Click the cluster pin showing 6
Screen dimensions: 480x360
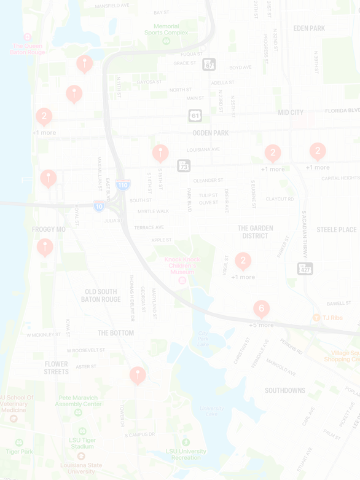(262, 309)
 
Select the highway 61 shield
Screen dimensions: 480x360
(195, 116)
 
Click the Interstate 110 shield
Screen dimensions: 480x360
(123, 185)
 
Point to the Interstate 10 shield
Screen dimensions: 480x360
(99, 207)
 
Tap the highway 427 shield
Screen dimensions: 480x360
(305, 269)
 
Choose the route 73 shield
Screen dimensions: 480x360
(184, 166)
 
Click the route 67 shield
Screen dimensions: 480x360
(209, 64)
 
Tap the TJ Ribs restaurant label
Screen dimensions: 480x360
(332, 318)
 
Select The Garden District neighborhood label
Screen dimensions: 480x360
(255, 232)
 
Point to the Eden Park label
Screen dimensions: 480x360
(309, 28)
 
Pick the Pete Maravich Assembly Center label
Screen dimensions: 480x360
(78, 401)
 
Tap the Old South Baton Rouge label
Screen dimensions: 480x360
(101, 296)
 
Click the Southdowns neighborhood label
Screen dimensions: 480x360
(285, 390)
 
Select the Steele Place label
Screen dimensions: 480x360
(336, 230)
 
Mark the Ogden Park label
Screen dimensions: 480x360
(210, 133)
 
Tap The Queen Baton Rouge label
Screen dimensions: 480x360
(28, 49)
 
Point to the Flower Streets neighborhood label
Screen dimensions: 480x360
(57, 368)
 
